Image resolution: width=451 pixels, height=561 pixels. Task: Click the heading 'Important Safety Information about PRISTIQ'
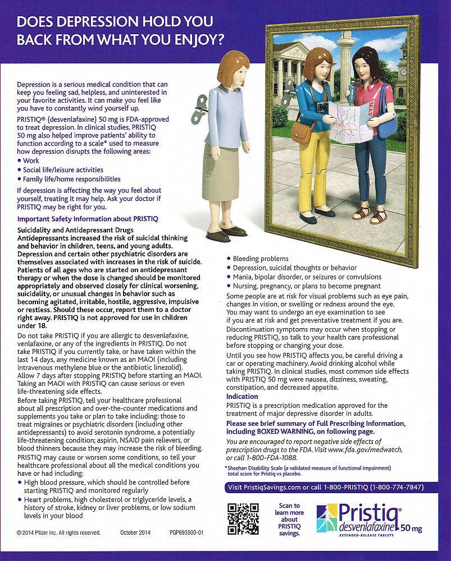pyautogui.click(x=88, y=218)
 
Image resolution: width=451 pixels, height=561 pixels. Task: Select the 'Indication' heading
pyautogui.click(x=242, y=397)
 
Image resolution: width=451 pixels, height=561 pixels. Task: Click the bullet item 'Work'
pyautogui.click(x=31, y=160)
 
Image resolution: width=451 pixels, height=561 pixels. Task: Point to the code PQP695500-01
pyautogui.click(x=186, y=532)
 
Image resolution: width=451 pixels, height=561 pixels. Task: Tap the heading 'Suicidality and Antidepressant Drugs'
pyautogui.click(x=75, y=231)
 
